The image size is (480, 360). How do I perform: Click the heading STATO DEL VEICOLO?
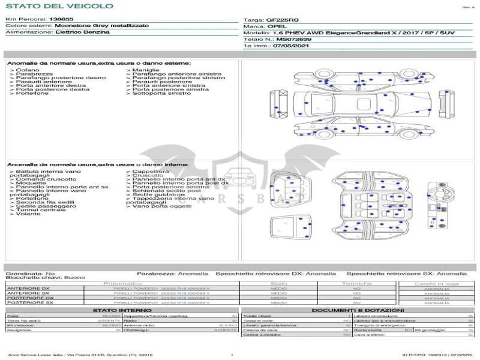[59, 6]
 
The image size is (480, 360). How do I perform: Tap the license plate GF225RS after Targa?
[282, 20]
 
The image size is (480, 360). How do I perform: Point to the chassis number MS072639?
[289, 38]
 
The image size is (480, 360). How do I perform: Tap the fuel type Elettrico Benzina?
[82, 32]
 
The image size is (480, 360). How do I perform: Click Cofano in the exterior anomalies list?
[25, 70]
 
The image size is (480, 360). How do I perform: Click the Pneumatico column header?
[123, 283]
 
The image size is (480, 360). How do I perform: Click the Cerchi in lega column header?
[436, 283]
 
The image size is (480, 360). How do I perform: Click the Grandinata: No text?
[29, 273]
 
